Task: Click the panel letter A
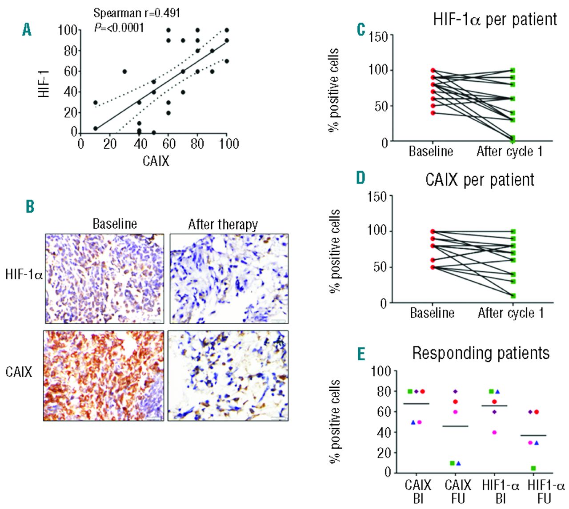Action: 27,30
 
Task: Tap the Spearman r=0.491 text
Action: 136,13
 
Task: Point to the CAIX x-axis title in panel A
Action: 156,160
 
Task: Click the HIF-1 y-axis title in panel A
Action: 44,84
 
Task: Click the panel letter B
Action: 30,207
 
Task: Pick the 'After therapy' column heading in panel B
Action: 223,224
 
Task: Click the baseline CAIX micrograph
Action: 104,375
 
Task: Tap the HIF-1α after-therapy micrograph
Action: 229,278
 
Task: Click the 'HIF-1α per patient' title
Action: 495,20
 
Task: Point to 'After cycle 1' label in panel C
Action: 509,151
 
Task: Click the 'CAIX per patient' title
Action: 480,180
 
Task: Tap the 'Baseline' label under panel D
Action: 432,313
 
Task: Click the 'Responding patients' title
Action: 481,353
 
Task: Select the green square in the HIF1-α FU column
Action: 533,468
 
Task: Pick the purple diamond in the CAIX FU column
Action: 455,391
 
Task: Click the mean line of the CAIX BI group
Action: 416,404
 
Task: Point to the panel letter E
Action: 361,354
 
